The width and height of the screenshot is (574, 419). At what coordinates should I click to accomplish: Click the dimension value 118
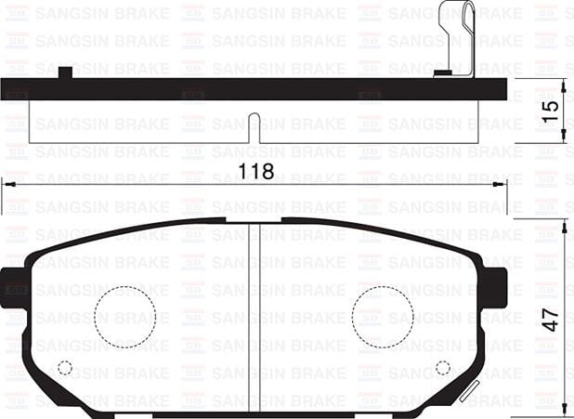coord(256,171)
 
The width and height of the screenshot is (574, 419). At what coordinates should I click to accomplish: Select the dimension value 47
coord(551,319)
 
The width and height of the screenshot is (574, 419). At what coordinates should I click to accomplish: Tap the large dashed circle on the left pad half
coord(124,317)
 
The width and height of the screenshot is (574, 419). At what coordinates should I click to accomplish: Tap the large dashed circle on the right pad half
coord(382,317)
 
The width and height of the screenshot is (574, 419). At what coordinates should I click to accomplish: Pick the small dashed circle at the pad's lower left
coord(65,367)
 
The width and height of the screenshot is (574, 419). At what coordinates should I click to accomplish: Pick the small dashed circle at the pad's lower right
coord(442,367)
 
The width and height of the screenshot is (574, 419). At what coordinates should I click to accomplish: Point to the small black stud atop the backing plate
coord(65,72)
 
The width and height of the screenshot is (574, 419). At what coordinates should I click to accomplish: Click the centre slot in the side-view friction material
coord(254,128)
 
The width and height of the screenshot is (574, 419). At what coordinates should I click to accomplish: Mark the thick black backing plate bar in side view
coord(254,89)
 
